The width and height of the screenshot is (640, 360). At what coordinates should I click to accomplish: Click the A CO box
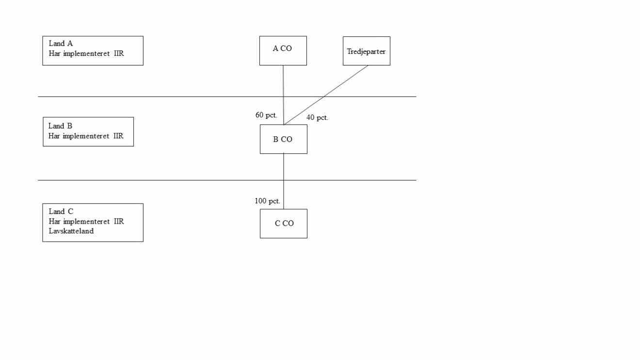(283, 50)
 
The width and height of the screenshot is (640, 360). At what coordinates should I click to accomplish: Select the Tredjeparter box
(366, 51)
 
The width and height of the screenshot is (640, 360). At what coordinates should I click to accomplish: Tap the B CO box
(283, 139)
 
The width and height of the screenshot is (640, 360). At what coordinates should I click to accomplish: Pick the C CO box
(284, 224)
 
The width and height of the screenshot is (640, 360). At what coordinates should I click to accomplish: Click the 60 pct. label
(266, 115)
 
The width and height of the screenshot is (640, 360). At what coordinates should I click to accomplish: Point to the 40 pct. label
(317, 117)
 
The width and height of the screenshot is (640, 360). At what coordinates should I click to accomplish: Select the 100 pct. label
(267, 201)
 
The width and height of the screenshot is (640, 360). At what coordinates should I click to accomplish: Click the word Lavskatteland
(71, 231)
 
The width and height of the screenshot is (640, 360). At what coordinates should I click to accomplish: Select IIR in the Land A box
(118, 53)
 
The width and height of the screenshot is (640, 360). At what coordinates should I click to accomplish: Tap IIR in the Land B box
(118, 136)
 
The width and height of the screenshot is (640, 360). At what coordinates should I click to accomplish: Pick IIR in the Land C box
(118, 221)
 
